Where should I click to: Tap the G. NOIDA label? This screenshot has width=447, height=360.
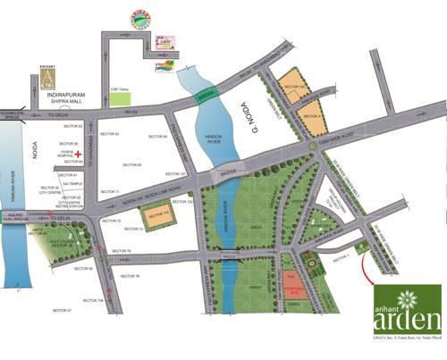pyautogui.click(x=249, y=121)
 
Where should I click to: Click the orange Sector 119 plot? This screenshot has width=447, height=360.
pyautogui.click(x=157, y=217)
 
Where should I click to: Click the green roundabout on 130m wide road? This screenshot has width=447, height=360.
pyautogui.click(x=312, y=147)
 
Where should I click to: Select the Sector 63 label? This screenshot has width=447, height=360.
pyautogui.click(x=109, y=134)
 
